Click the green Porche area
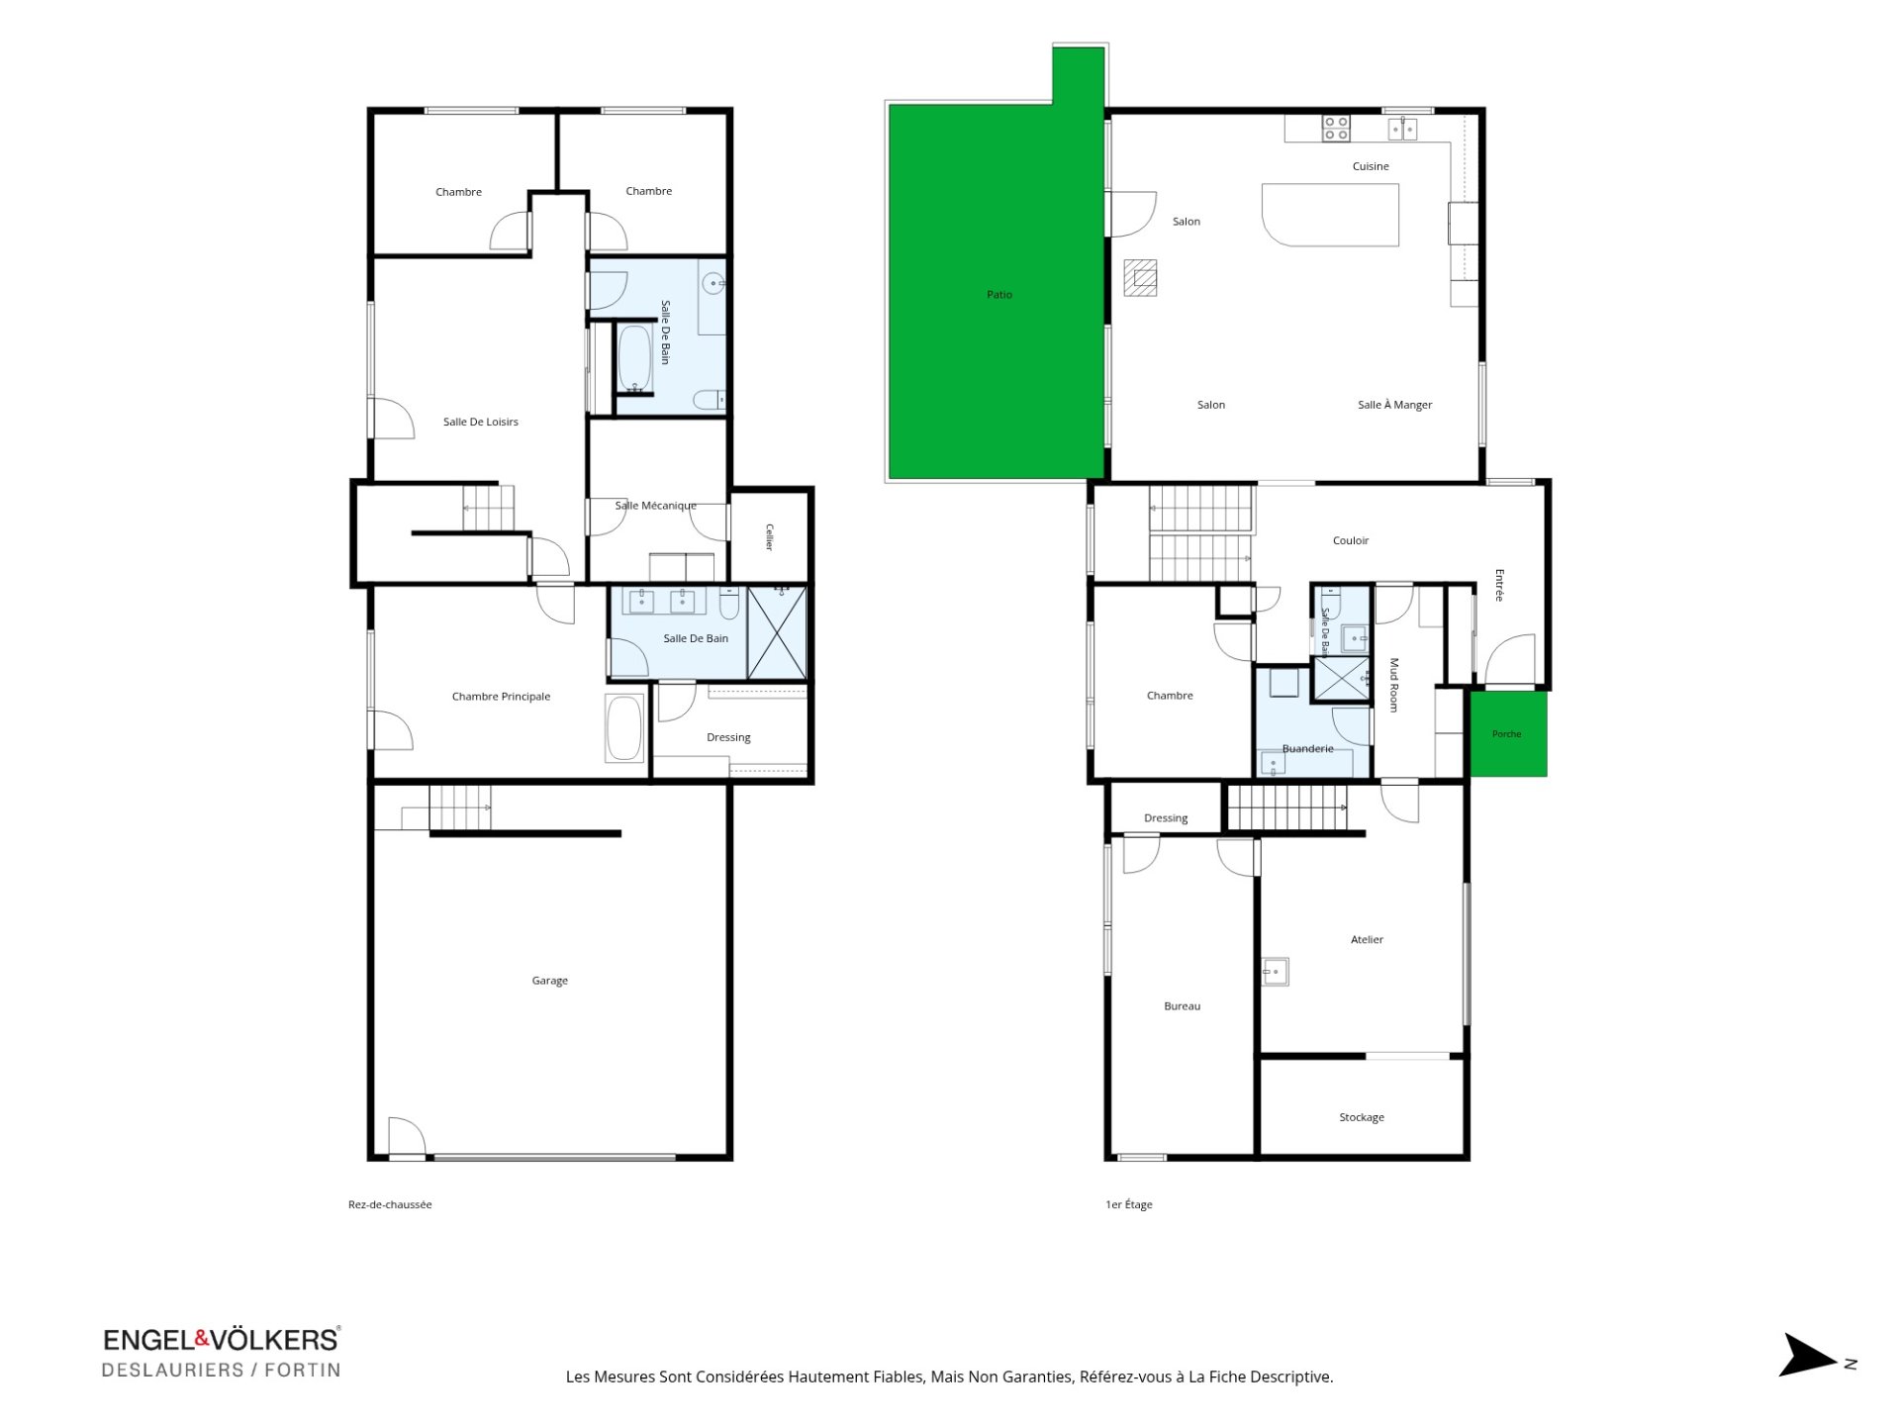1507,733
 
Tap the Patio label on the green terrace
999,295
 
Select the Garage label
550,981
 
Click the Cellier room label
769,537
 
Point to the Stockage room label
1362,1117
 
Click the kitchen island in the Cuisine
1331,215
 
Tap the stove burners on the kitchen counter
1336,129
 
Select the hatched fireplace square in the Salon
1140,278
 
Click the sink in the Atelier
1276,972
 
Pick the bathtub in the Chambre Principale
624,727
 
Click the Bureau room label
1183,1006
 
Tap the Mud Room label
1394,685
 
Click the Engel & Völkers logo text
222,1340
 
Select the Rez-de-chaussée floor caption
390,1204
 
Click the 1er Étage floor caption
1129,1204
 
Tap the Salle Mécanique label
655,506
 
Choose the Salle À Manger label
1395,405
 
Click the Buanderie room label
1308,749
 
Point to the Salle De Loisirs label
481,422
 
